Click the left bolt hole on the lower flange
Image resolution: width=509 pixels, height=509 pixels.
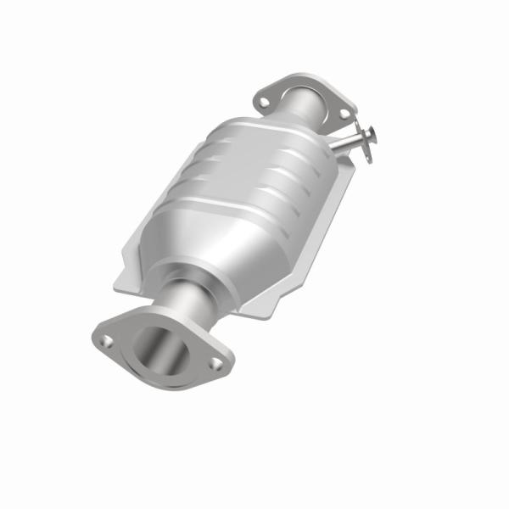[x=108, y=341]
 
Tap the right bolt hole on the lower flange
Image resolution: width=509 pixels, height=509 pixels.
[x=215, y=364]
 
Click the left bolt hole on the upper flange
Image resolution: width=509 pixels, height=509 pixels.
[x=265, y=102]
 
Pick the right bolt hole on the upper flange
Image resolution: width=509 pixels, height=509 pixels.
[x=343, y=114]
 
